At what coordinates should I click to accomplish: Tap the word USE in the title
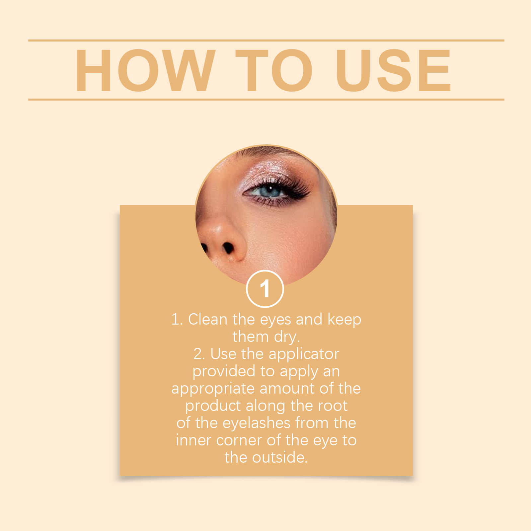(394, 70)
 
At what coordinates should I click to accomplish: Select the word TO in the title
(274, 70)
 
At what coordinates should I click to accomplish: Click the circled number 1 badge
(265, 289)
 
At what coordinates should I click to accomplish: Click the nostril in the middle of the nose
(228, 248)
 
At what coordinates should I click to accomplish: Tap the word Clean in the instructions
(208, 319)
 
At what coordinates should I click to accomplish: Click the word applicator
(304, 354)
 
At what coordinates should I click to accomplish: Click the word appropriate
(213, 389)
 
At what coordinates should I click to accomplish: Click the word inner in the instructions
(193, 440)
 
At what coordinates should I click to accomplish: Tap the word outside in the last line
(280, 458)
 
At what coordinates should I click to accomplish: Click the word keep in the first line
(344, 320)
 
